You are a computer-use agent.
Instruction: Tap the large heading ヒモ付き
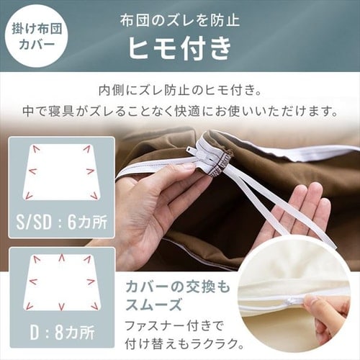coord(180,49)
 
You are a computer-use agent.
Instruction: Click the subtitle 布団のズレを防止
coord(180,19)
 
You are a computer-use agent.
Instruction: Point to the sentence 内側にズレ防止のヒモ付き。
coord(180,91)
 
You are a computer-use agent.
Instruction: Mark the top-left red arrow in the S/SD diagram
coord(35,149)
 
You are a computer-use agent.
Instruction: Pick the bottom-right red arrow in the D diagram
coord(94,306)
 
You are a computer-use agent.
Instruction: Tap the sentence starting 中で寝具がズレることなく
coord(180,112)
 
